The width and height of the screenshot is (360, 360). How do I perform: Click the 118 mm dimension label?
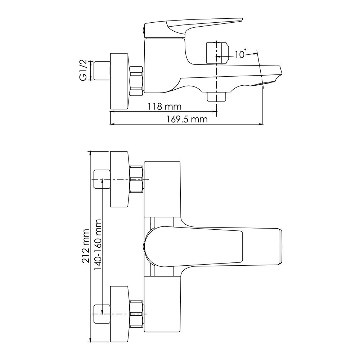(165, 107)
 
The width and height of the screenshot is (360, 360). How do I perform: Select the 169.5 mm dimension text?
(186, 120)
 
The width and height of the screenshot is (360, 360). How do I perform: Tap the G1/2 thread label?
(83, 70)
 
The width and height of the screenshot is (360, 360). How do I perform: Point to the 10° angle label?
(240, 54)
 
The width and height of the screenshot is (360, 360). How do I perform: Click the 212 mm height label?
(86, 246)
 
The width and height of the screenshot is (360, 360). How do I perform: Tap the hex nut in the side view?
(136, 81)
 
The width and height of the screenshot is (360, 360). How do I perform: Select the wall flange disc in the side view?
(119, 81)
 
